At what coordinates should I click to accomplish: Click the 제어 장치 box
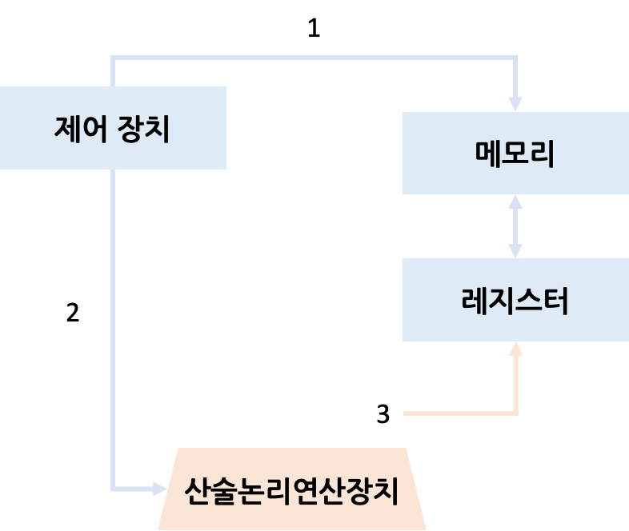[x=112, y=128]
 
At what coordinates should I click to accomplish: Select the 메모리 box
[x=515, y=153]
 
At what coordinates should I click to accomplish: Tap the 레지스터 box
[x=515, y=300]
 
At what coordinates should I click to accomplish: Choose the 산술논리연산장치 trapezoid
[x=291, y=489]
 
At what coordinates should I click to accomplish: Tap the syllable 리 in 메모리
[x=543, y=154]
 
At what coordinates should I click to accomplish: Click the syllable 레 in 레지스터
[x=475, y=301]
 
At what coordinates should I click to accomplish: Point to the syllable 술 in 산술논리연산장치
[x=226, y=490]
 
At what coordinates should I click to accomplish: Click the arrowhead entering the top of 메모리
[x=515, y=105]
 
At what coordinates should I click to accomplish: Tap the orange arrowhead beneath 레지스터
[x=515, y=349]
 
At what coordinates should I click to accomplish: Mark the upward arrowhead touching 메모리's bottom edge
[x=515, y=202]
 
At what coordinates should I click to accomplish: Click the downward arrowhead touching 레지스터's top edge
[x=515, y=251]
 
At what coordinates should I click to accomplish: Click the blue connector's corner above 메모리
[x=515, y=58]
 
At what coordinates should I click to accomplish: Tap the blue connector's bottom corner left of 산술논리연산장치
[x=113, y=489]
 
